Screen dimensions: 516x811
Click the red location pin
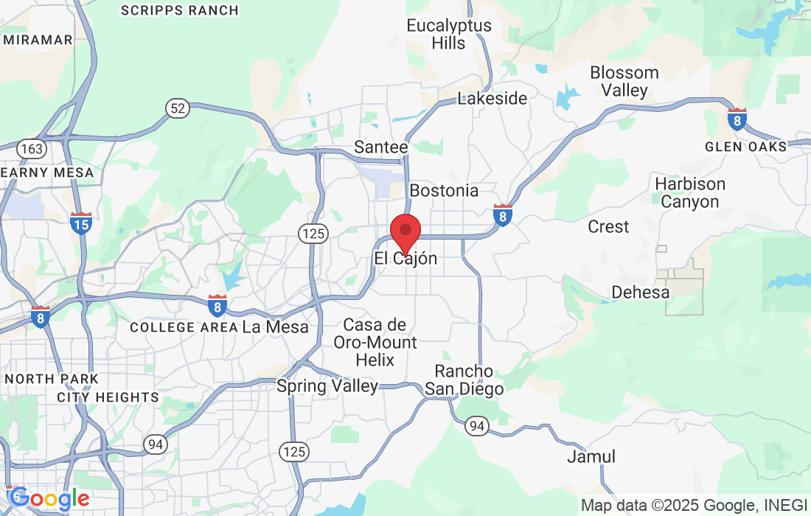tap(405, 231)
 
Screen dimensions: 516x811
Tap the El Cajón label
tap(405, 259)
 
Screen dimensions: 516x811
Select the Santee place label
tap(380, 147)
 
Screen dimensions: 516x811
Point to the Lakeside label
tap(492, 99)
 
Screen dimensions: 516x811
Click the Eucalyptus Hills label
tap(448, 35)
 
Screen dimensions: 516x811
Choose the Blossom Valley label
tap(624, 82)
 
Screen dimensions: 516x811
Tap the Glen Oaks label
tap(745, 146)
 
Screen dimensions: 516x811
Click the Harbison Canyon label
tap(690, 192)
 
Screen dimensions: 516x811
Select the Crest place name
tap(608, 226)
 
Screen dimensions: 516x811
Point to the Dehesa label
tap(640, 293)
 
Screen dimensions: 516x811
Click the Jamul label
tap(591, 457)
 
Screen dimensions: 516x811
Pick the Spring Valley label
tap(327, 386)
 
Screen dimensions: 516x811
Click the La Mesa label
tap(275, 327)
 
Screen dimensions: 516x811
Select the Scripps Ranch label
tap(179, 10)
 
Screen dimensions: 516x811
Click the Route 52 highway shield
tap(177, 109)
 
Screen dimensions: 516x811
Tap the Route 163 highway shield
tap(32, 149)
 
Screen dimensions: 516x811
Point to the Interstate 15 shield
tap(81, 223)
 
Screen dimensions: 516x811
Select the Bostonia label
tap(444, 191)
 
